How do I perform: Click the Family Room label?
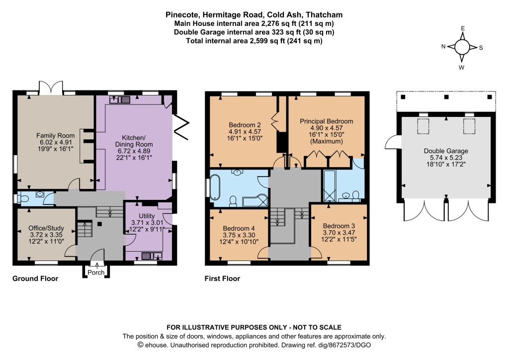coord(56,135)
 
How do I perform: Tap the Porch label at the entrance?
coord(96,272)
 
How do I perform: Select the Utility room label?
coord(147,216)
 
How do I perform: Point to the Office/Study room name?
coord(46,228)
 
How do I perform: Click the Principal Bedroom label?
coord(326,121)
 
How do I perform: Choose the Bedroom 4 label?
coord(239,228)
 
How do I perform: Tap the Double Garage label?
coord(446,151)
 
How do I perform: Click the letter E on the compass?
coord(463,28)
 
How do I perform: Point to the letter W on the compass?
coord(462,68)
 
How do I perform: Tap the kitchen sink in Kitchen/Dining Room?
coord(119,99)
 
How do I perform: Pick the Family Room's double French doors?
coord(51,88)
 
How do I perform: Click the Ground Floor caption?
coord(35,278)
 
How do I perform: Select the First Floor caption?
coord(222,278)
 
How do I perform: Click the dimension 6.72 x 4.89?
coord(134,151)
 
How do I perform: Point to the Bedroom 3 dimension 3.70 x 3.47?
coord(339,232)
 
